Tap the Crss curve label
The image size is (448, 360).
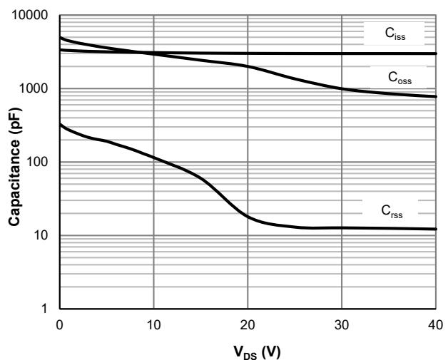394,211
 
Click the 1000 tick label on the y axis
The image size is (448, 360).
36,89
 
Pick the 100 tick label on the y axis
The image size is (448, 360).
39,163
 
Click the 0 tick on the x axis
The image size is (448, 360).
59,324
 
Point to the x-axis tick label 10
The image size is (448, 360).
153,324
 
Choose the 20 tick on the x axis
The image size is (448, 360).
248,324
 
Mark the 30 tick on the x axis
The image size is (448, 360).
342,324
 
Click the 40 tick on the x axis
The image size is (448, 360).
436,324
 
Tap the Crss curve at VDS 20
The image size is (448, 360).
248,216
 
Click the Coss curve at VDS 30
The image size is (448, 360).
342,89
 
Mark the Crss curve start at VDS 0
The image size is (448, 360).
60,125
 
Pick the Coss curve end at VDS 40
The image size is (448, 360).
435,97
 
